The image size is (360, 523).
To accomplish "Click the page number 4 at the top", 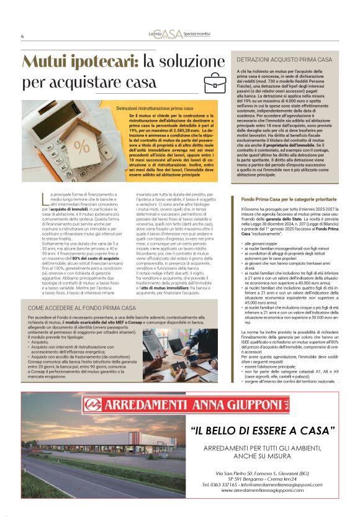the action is coord(22,35).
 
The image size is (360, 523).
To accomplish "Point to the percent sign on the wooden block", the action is coord(81,147).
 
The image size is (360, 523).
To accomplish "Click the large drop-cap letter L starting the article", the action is coord(45,199).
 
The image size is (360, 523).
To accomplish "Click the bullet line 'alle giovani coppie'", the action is coord(264,245).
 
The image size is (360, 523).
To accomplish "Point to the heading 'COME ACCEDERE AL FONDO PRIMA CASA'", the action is coord(82,308).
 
